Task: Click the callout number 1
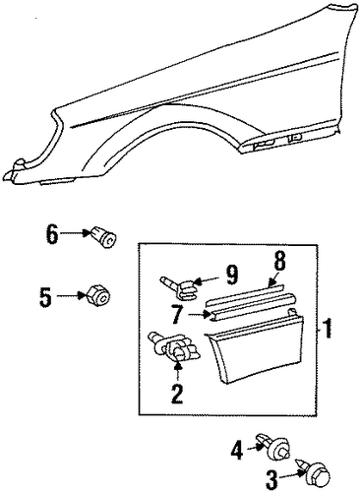(x=327, y=329)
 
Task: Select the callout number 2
(x=177, y=393)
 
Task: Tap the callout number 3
(x=271, y=481)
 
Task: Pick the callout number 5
(x=45, y=297)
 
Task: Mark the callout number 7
(x=177, y=315)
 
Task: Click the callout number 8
(x=278, y=261)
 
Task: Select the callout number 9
(x=231, y=275)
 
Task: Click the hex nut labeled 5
(x=98, y=295)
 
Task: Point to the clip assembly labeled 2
(x=174, y=348)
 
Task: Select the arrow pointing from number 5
(x=72, y=295)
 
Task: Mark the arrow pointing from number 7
(x=199, y=315)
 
